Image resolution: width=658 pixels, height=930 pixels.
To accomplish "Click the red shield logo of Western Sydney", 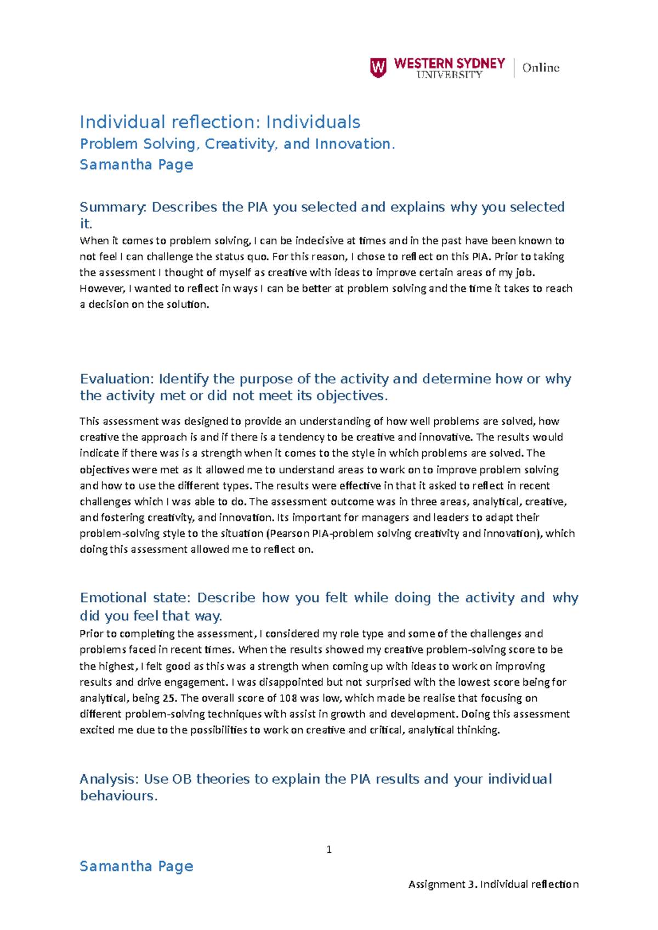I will pyautogui.click(x=378, y=68).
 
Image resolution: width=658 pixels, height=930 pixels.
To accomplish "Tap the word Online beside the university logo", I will pyautogui.click(x=541, y=68).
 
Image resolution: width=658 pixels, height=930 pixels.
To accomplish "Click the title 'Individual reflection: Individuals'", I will pyautogui.click(x=220, y=122).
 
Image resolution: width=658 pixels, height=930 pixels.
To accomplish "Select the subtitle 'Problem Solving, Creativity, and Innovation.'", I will pyautogui.click(x=237, y=144).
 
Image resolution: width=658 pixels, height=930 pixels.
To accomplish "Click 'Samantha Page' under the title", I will pyautogui.click(x=136, y=164).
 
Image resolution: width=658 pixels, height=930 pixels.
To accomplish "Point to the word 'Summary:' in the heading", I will pyautogui.click(x=113, y=207).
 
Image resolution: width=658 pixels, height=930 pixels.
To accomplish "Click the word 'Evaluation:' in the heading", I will pyautogui.click(x=117, y=379).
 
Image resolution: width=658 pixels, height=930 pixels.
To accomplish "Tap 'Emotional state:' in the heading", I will pyautogui.click(x=136, y=598).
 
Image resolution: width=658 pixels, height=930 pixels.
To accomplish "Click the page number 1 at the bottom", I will pyautogui.click(x=329, y=849).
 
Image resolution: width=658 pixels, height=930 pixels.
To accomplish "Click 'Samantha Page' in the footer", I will pyautogui.click(x=136, y=866).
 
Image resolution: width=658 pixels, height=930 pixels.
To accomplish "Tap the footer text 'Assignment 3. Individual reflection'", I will pyautogui.click(x=493, y=884).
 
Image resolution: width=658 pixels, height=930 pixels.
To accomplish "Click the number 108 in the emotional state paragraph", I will pyautogui.click(x=288, y=698).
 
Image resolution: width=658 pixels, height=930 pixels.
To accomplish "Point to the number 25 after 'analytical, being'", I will pyautogui.click(x=169, y=698).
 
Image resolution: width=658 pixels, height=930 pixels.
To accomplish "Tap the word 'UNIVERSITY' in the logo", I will pyautogui.click(x=449, y=75).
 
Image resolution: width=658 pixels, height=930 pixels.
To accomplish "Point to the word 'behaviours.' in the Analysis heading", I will pyautogui.click(x=118, y=796).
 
